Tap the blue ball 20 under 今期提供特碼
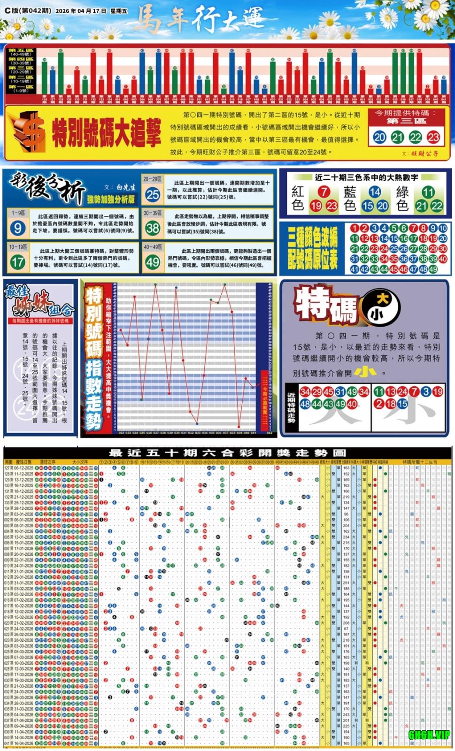click(x=379, y=138)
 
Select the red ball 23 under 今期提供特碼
click(x=433, y=138)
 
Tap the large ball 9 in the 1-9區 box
click(x=17, y=228)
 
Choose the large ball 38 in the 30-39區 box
click(x=153, y=228)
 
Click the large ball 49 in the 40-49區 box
click(x=153, y=262)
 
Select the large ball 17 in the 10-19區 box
click(x=17, y=262)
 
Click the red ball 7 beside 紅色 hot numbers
click(x=324, y=192)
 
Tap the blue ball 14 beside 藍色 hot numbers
click(x=375, y=192)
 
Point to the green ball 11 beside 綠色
click(x=427, y=192)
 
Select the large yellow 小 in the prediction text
click(x=365, y=372)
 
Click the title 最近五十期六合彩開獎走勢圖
click(x=227, y=453)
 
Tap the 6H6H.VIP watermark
click(x=429, y=735)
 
